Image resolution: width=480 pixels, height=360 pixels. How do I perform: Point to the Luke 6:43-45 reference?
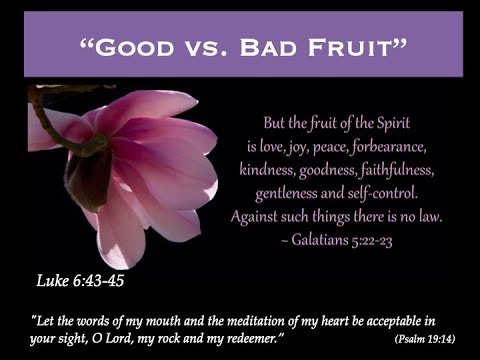pyautogui.click(x=81, y=280)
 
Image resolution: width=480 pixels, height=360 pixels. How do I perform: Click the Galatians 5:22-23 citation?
pyautogui.click(x=336, y=239)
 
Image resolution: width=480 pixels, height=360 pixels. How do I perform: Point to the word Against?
pyautogui.click(x=257, y=215)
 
